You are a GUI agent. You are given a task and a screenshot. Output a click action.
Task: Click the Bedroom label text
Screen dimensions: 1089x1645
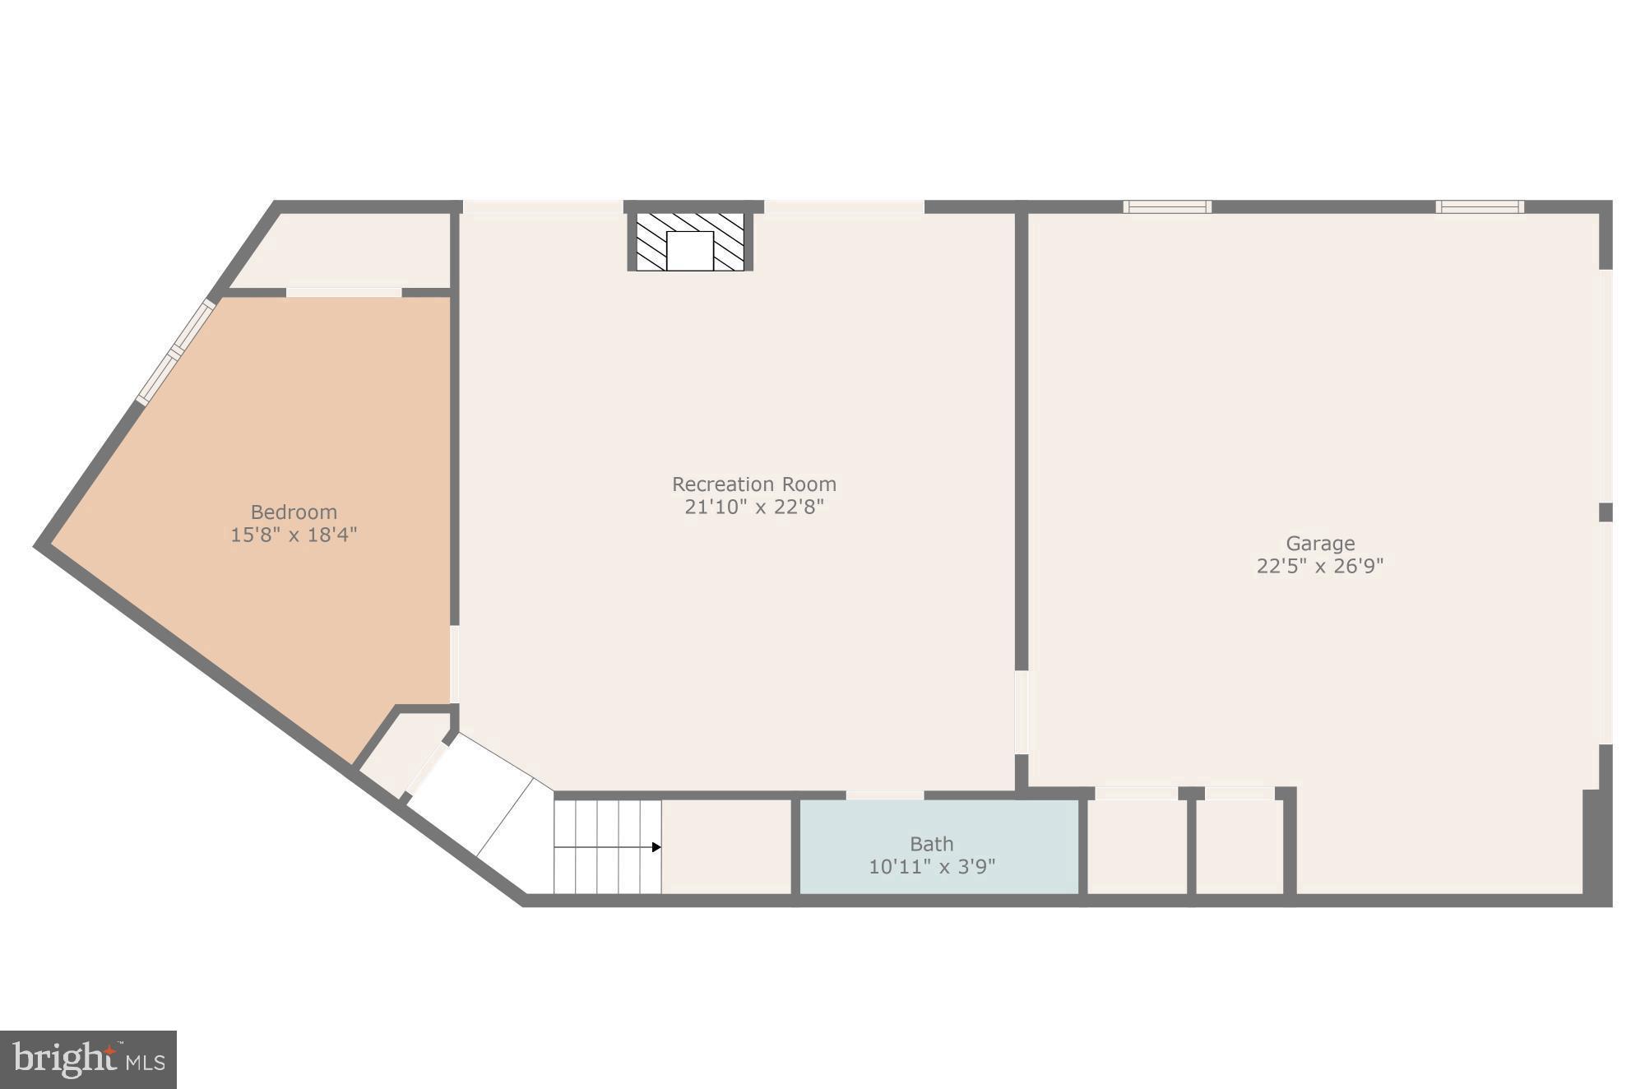click(x=294, y=512)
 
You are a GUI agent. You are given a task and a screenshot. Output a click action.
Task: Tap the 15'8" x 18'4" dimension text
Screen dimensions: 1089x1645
click(x=294, y=535)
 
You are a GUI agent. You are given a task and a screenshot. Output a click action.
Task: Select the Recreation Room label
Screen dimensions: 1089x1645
click(x=753, y=484)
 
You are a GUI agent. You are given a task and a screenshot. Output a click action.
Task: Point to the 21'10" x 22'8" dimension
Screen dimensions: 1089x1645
click(x=753, y=507)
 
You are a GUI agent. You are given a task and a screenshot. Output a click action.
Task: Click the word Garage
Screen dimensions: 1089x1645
click(x=1320, y=544)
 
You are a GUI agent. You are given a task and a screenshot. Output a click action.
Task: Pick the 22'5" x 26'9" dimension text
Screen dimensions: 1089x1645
click(x=1320, y=566)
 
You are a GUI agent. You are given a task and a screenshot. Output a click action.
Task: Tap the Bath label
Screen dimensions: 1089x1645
click(x=931, y=844)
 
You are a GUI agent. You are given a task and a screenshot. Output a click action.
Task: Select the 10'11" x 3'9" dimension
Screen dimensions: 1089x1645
click(x=931, y=866)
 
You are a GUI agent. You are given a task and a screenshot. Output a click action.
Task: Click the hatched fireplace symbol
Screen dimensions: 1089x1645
click(x=690, y=241)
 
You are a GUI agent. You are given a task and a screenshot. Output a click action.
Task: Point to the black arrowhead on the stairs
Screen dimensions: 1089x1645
click(x=656, y=847)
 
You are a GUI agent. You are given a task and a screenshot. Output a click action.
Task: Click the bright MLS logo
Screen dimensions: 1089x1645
click(x=88, y=1059)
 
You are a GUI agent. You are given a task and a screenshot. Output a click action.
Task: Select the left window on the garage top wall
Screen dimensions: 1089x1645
click(x=1167, y=206)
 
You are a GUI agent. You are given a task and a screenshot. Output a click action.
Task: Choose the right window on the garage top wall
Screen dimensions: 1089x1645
click(x=1480, y=206)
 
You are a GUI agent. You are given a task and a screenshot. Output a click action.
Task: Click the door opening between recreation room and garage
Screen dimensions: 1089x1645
click(x=1022, y=712)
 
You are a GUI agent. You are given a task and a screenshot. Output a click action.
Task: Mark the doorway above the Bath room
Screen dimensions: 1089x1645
click(x=885, y=795)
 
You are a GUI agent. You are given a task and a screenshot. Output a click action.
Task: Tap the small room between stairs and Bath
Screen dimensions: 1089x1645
click(x=726, y=847)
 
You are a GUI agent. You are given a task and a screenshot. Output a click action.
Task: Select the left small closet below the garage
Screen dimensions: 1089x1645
click(x=1137, y=847)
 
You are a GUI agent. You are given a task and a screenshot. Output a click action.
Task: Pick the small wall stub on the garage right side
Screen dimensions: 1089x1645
click(x=1605, y=512)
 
